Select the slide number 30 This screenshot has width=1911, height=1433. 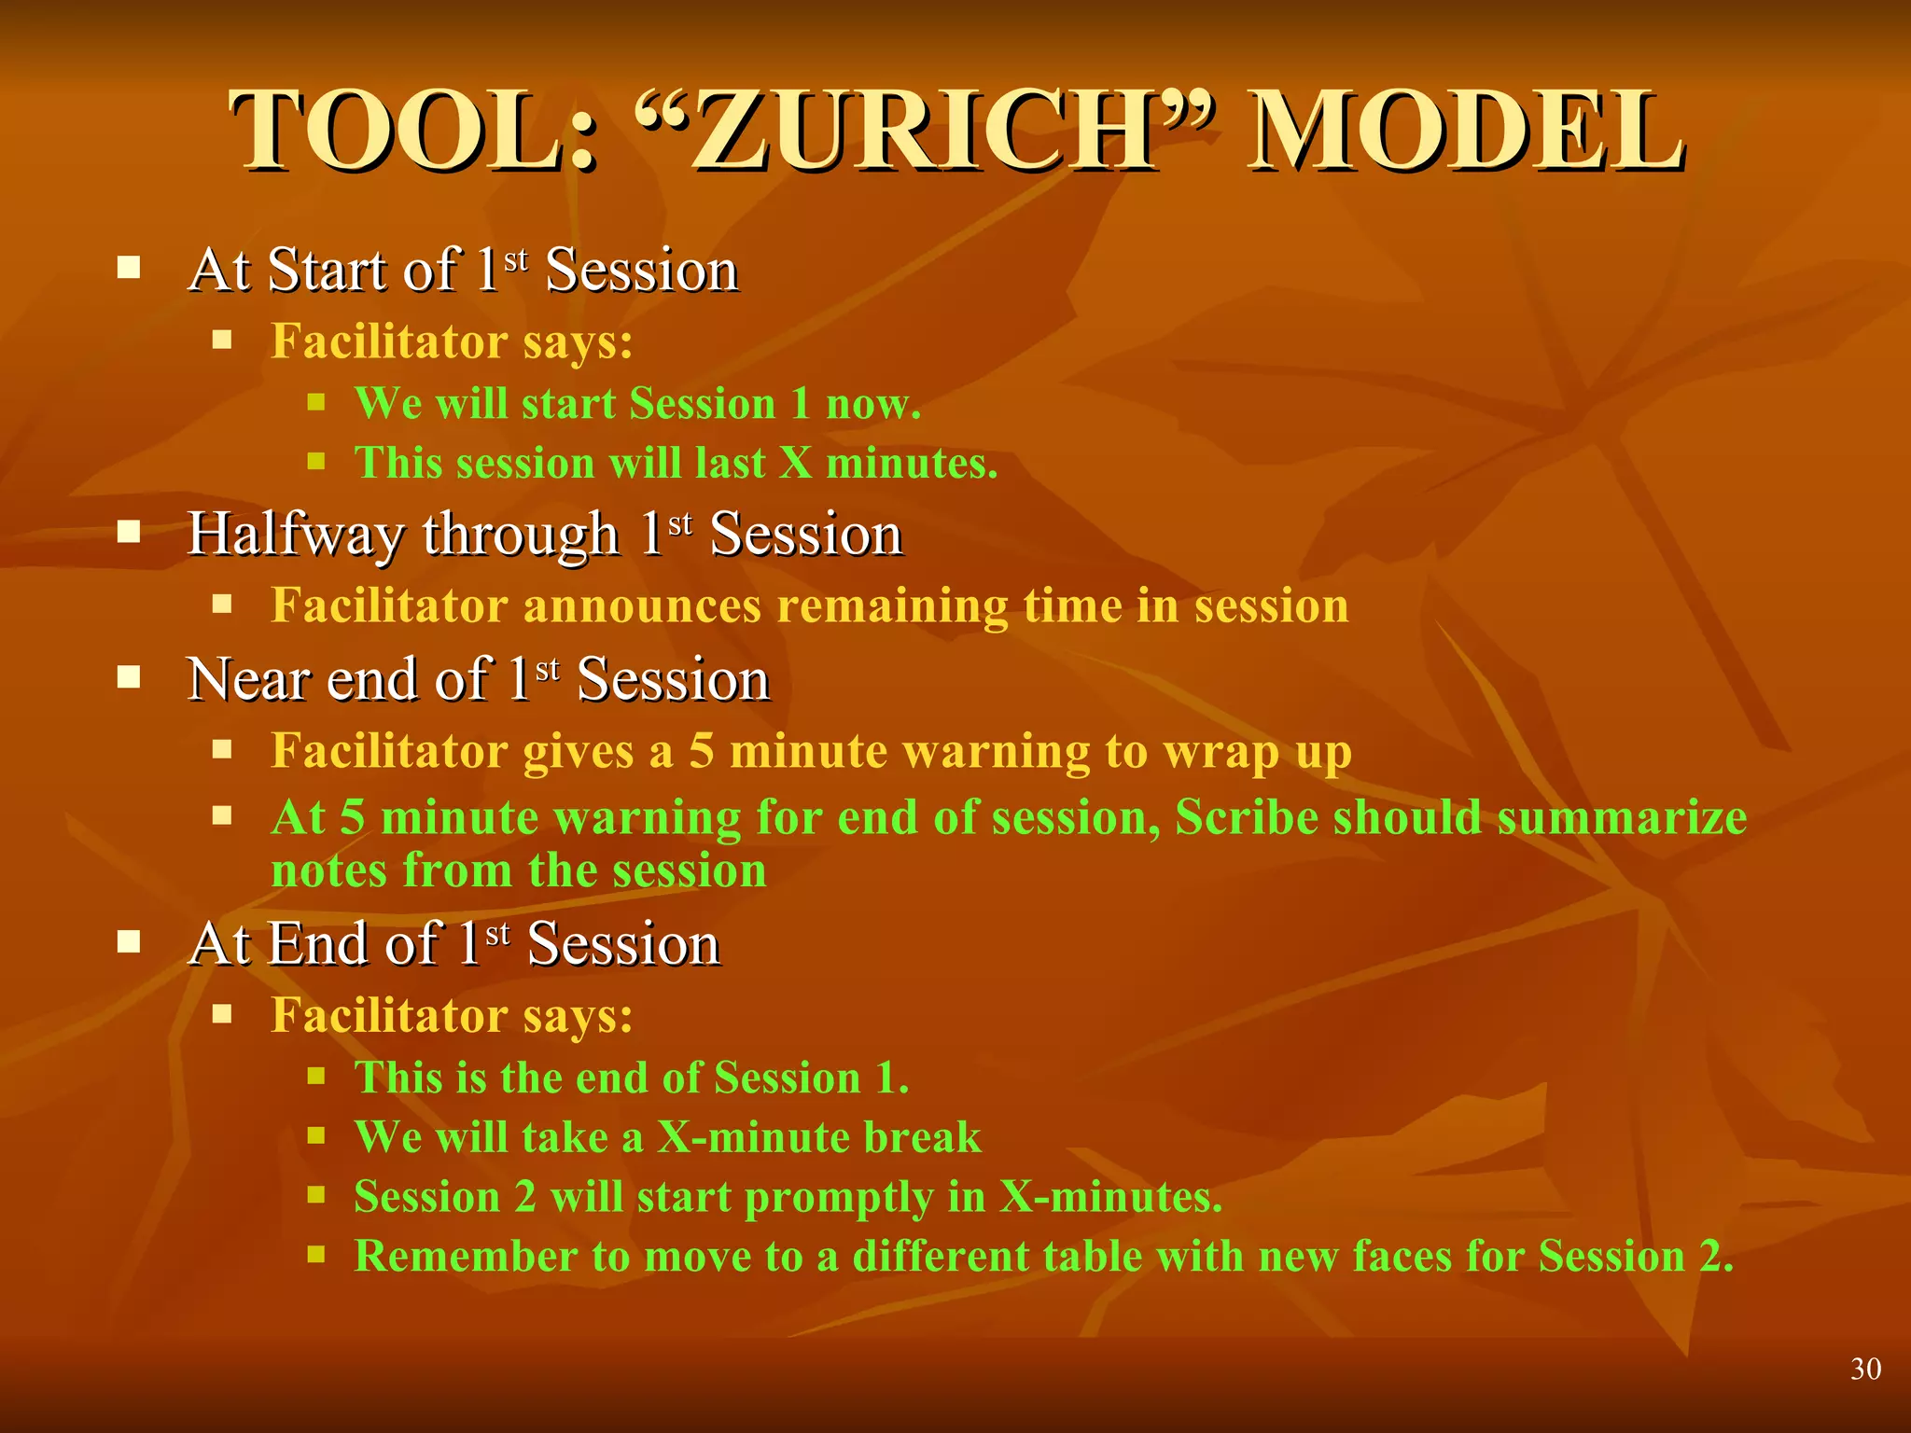point(1865,1369)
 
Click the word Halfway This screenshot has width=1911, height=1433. point(296,536)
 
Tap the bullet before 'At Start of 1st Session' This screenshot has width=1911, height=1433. point(129,270)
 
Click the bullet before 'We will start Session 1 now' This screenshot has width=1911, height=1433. point(316,403)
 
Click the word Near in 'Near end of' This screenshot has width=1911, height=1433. point(249,679)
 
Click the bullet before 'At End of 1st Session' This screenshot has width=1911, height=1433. point(129,942)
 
